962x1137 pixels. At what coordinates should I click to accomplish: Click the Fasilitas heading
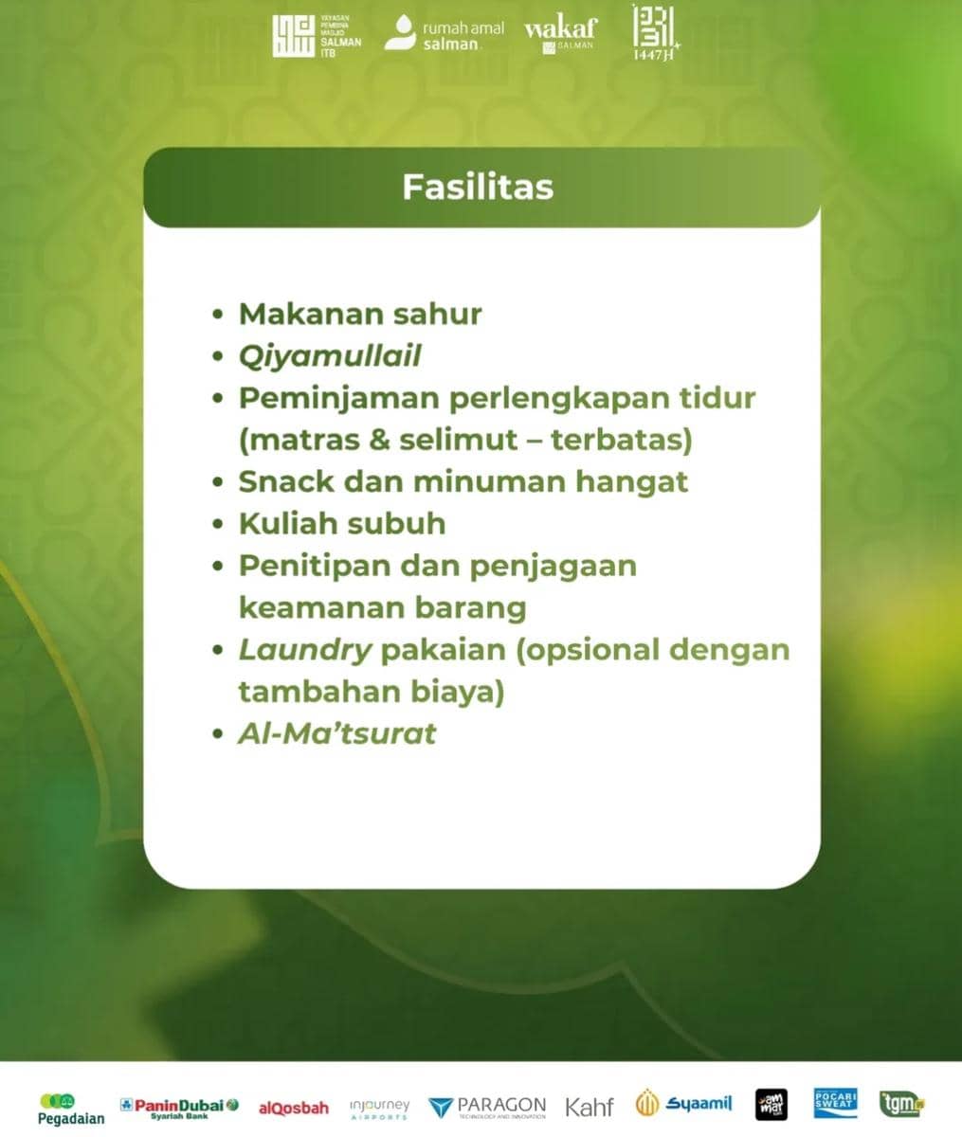click(478, 187)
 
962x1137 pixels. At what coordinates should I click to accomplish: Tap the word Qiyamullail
click(330, 356)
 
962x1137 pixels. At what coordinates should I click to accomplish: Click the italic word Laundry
click(304, 650)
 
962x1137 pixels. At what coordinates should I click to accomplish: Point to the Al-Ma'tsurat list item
click(336, 733)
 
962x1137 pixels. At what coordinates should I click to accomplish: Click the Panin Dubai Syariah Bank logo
click(179, 1107)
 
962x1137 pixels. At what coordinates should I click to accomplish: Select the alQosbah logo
click(294, 1108)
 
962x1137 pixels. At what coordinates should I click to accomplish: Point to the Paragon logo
click(487, 1107)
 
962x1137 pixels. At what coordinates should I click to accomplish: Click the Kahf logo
click(590, 1107)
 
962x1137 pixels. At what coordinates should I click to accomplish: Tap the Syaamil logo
click(684, 1104)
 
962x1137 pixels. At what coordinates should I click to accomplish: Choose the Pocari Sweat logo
click(835, 1103)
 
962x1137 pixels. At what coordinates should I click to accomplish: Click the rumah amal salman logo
click(445, 36)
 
